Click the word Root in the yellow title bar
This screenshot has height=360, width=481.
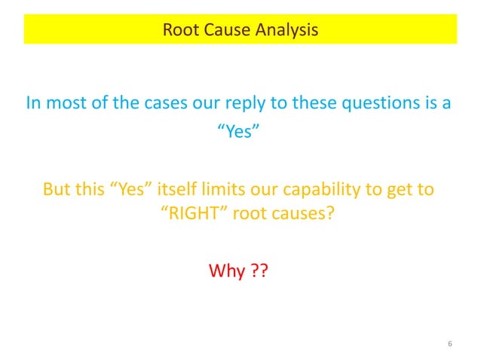(x=180, y=31)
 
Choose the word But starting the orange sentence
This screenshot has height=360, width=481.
(x=59, y=188)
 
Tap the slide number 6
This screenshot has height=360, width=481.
(x=449, y=344)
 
